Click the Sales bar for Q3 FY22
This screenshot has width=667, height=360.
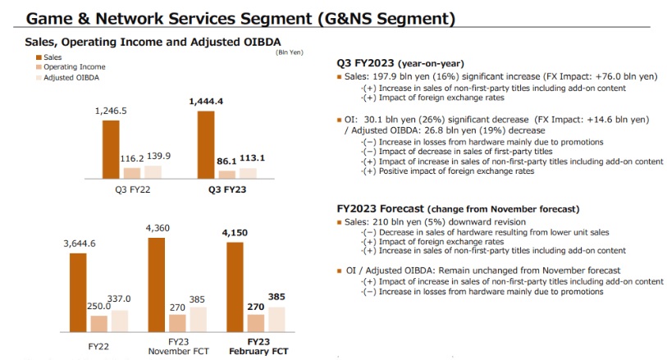111,149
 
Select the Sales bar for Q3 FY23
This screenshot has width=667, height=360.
206,144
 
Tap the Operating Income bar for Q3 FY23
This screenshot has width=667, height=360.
227,174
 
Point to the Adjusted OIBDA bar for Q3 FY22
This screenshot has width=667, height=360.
153,171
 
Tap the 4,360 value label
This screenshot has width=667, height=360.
157,227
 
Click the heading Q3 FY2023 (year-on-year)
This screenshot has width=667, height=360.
400,63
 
